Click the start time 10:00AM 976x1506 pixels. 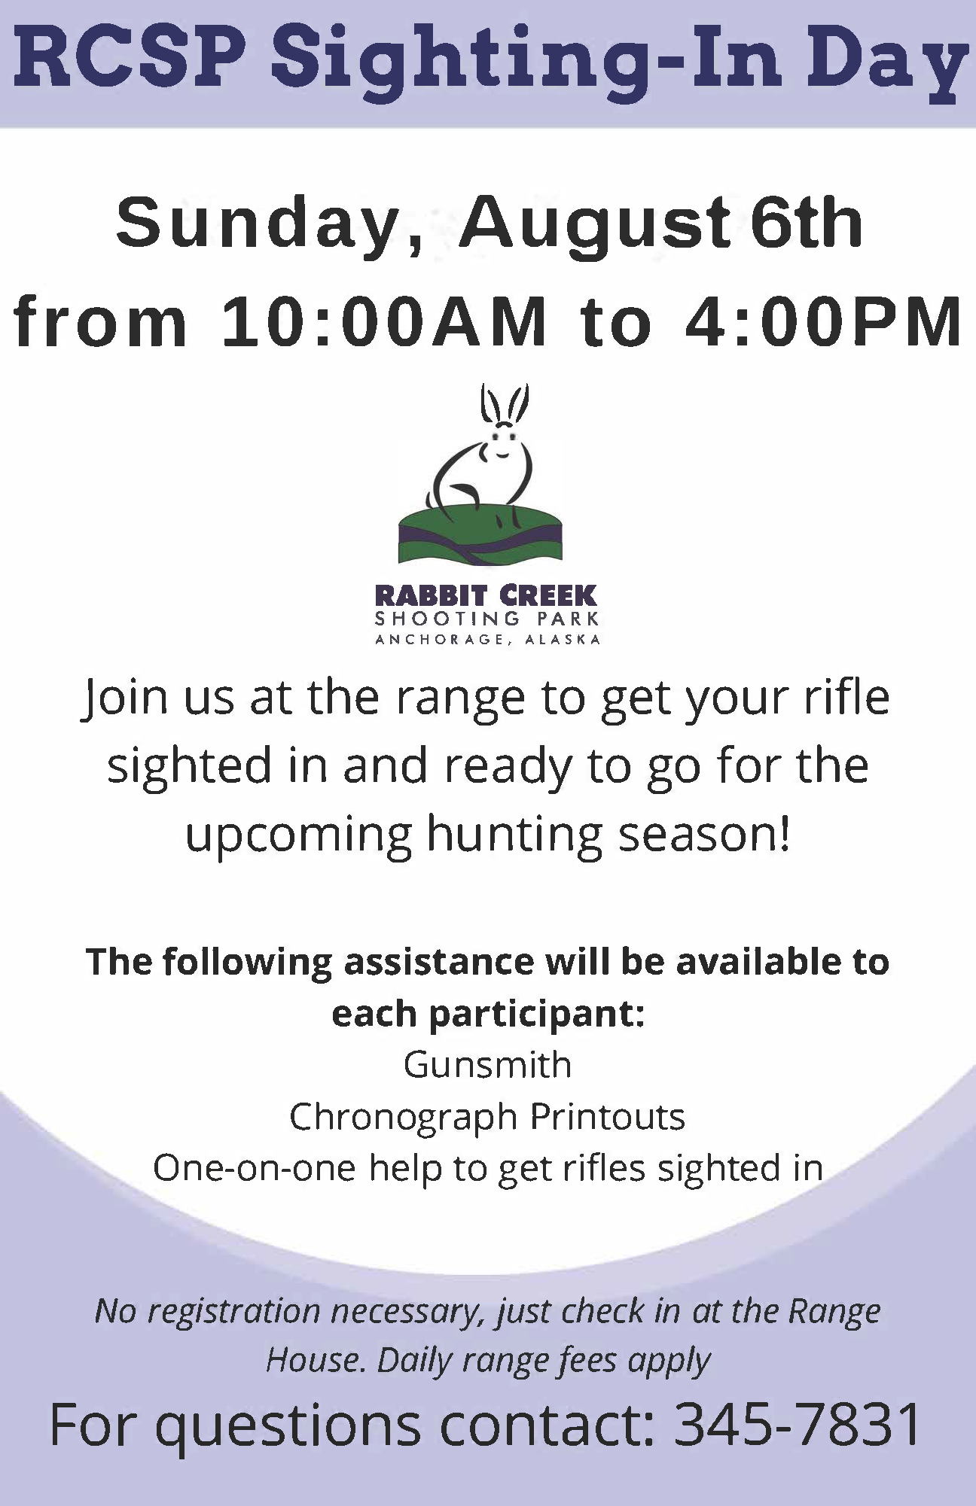[385, 322]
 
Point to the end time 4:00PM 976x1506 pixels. [823, 322]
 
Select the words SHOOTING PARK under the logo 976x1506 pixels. [487, 619]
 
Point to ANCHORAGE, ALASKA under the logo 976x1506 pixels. [487, 640]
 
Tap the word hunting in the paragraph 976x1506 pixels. [514, 835]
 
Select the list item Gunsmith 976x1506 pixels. [487, 1066]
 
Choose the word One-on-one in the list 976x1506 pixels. [254, 1168]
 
